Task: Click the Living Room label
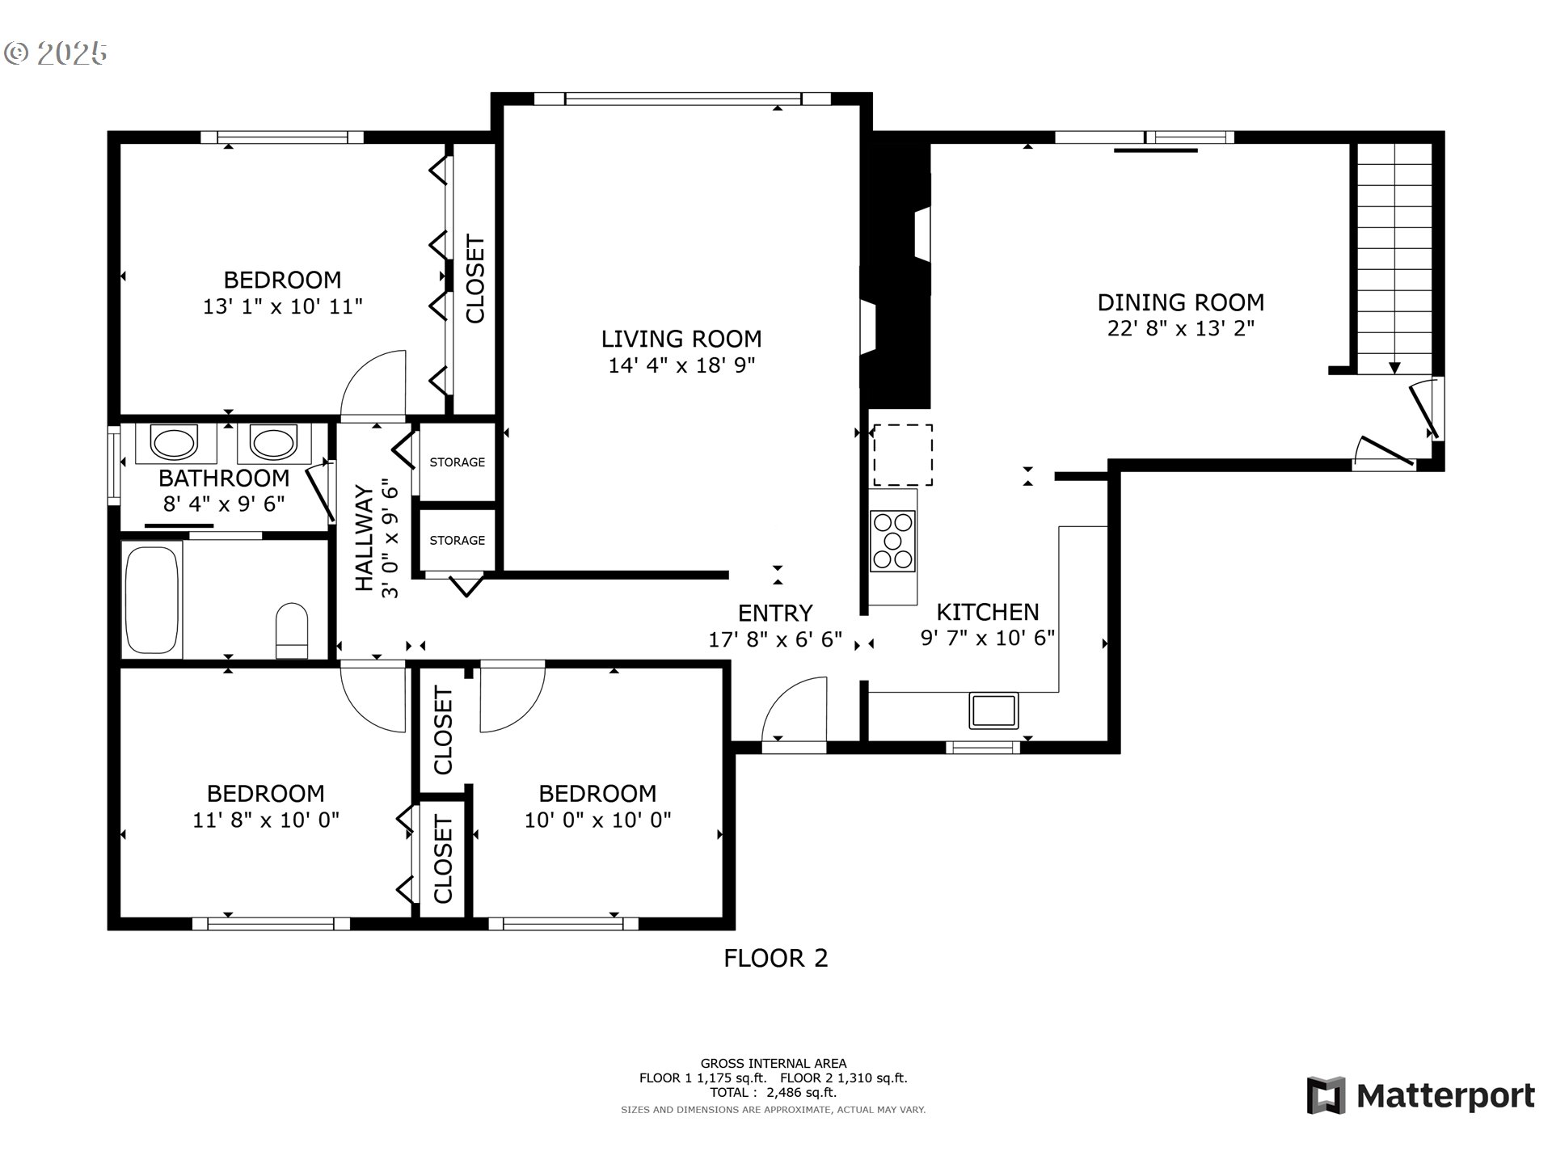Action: tap(681, 339)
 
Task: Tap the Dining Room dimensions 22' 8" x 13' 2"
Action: tap(1180, 328)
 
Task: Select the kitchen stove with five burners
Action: tap(892, 541)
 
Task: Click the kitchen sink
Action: tap(994, 711)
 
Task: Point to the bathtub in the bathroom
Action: tap(150, 601)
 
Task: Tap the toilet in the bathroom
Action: tap(292, 631)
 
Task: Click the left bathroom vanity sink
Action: tap(174, 443)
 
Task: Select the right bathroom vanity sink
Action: tap(273, 443)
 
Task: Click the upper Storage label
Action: tap(458, 462)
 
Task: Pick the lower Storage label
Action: tap(458, 540)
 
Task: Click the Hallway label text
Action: tap(365, 538)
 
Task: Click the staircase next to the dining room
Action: tap(1394, 259)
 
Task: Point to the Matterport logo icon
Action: tap(1326, 1095)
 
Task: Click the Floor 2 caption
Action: tap(776, 959)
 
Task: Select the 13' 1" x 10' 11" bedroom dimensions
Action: tap(282, 307)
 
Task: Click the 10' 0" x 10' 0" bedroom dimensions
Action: tap(597, 820)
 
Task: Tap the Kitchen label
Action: tap(988, 612)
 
